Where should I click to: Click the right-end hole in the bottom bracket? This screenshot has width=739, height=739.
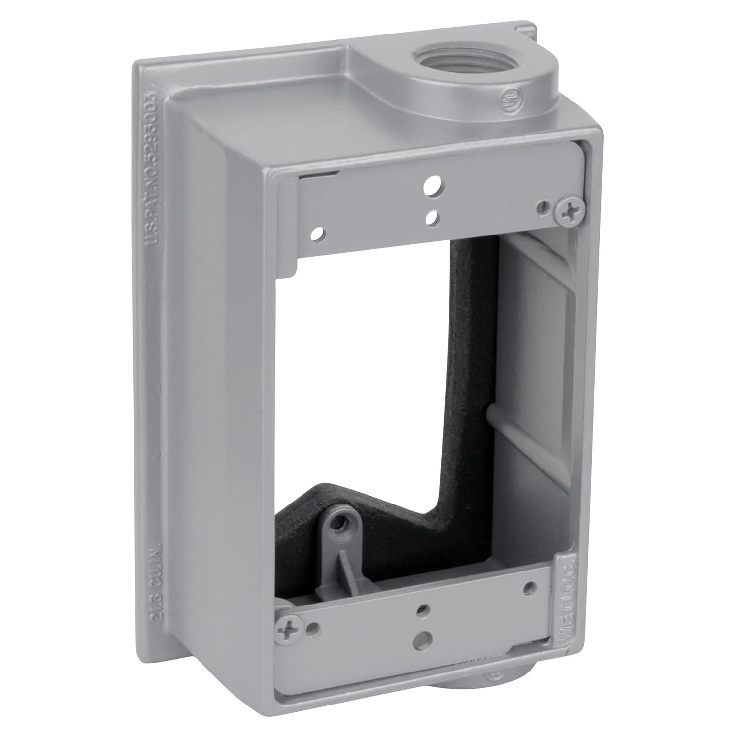click(529, 587)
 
